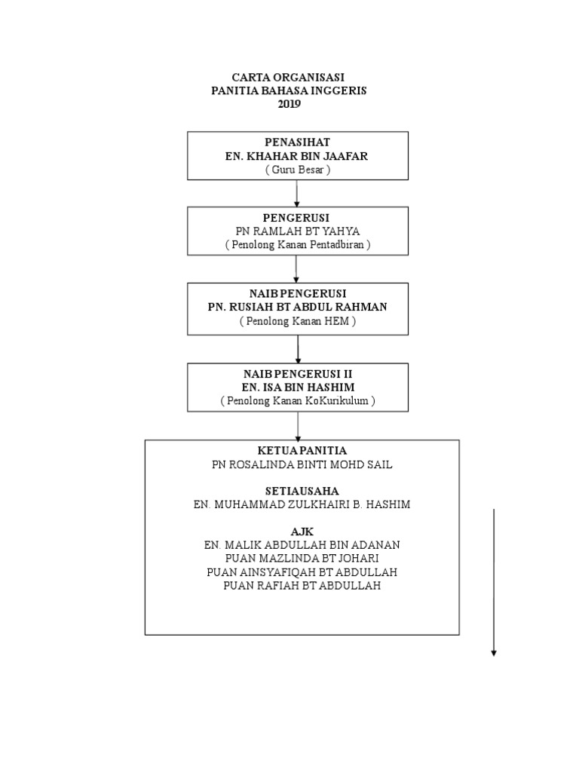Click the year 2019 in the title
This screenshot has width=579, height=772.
pos(289,105)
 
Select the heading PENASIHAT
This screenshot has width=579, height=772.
pos(297,142)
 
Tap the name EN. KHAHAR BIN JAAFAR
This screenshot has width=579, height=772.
pos(297,156)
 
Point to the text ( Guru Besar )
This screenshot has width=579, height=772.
pos(297,170)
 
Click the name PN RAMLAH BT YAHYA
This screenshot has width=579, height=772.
pos(297,231)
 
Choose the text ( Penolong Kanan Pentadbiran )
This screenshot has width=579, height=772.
pos(297,246)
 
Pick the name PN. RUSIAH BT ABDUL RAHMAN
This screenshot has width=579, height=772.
pos(297,307)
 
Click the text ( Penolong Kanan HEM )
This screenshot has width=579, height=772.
pos(297,321)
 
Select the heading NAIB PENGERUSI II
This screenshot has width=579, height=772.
pos(297,374)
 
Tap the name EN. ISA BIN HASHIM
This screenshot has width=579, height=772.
pos(297,388)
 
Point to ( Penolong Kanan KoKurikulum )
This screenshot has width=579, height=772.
pos(297,401)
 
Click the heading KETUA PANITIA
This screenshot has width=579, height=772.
pos(302,451)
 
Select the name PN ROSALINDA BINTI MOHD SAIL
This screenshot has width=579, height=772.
pos(302,465)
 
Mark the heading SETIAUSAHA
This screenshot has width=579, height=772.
pos(302,491)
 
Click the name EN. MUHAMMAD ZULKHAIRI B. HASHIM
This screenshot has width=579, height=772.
pos(302,504)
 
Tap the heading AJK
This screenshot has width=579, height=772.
pos(302,531)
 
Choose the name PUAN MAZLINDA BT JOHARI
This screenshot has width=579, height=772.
pos(302,558)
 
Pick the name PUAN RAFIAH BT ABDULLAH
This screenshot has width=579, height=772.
pos(302,585)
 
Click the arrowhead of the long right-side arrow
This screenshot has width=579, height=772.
pos(494,652)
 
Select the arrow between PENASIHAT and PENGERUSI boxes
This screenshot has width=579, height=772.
pos(297,193)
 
